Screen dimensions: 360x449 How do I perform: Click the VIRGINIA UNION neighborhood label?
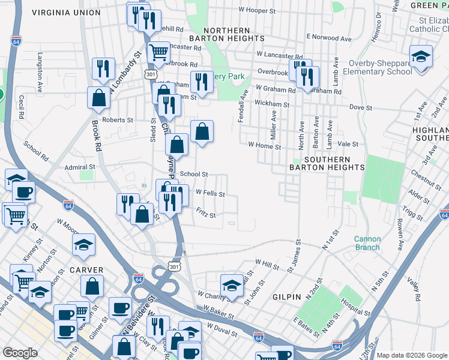pos(67,12)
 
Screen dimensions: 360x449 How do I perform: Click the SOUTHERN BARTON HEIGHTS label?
pos(327,163)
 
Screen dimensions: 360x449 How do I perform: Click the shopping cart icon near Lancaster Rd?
pos(158,52)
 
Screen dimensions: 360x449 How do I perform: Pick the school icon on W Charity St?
pos(232,286)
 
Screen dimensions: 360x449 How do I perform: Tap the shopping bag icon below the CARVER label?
pos(92,287)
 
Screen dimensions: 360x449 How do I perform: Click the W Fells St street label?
pos(210,194)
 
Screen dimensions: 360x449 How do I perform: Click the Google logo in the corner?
pos(20,353)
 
